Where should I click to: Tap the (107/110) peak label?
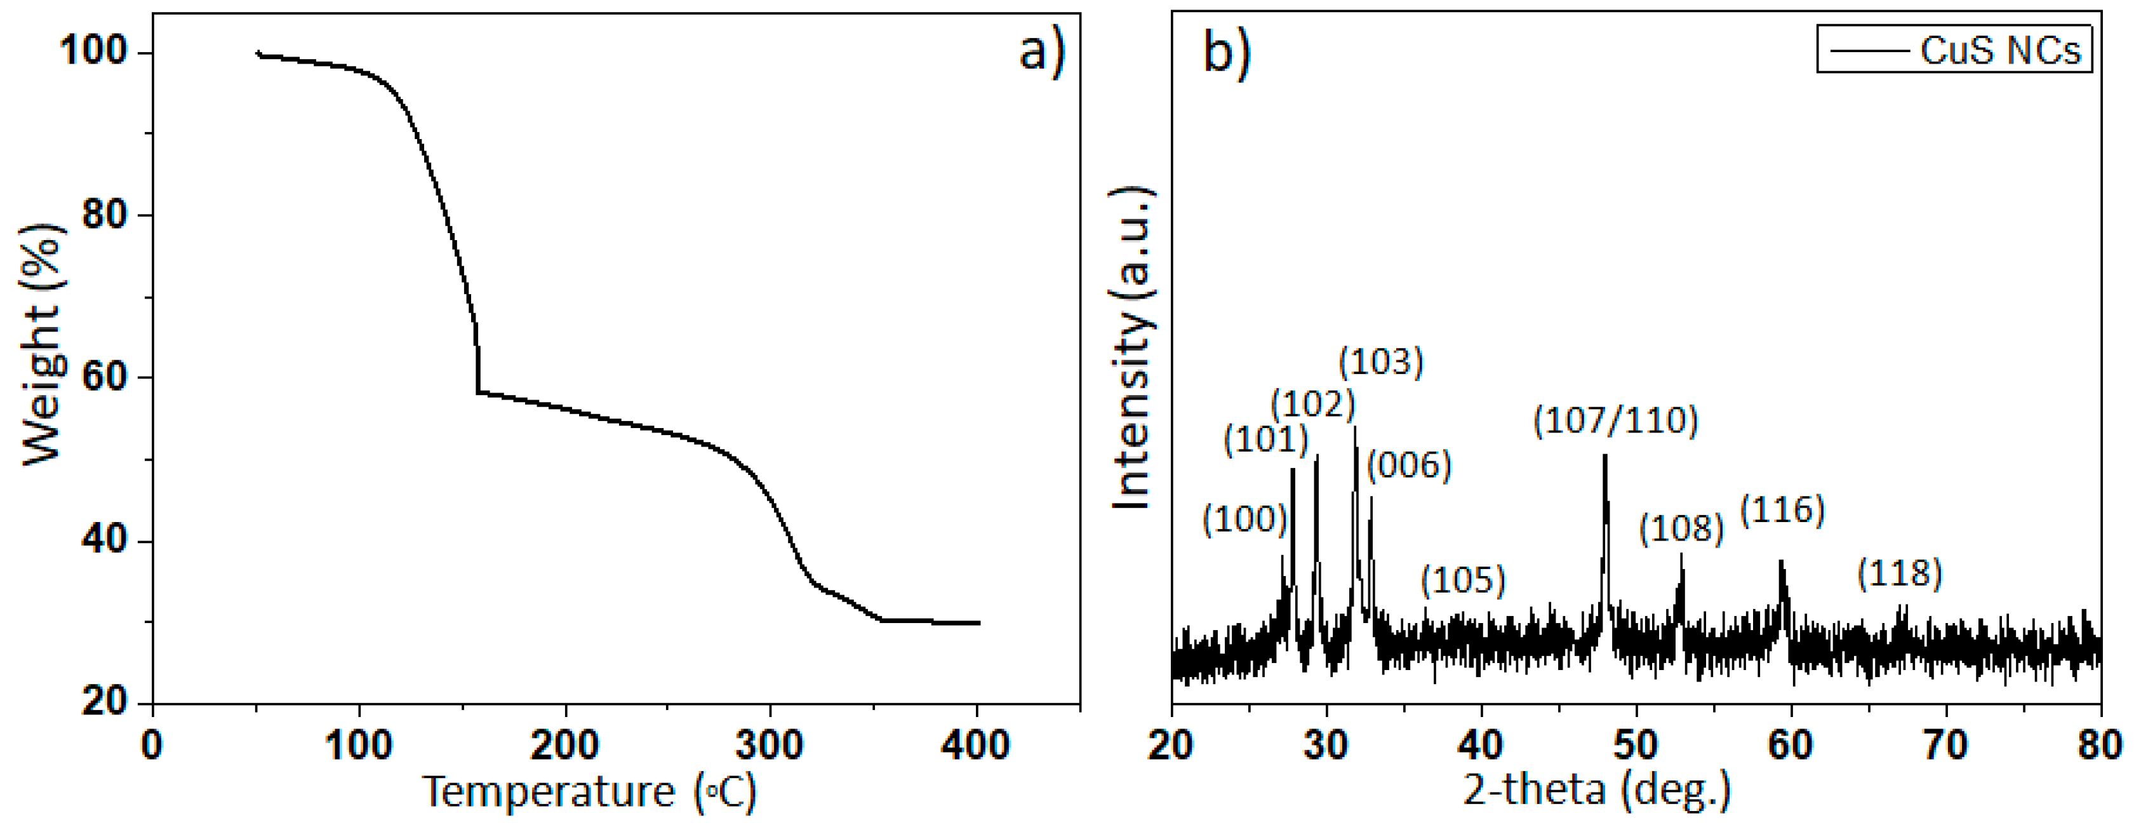point(1615,420)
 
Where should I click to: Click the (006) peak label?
point(1409,466)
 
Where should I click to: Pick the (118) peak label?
point(1899,574)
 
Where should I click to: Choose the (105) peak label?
point(1463,580)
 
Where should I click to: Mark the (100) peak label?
point(1244,520)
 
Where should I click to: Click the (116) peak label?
point(1782,509)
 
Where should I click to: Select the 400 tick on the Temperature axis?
point(976,746)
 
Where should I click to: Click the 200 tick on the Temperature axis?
point(564,746)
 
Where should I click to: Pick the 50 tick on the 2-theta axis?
point(1636,746)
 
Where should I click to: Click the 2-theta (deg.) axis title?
point(1596,789)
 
